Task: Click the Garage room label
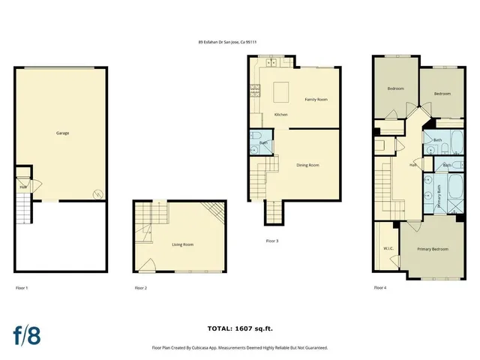63,133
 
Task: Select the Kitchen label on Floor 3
280,115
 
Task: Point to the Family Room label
316,99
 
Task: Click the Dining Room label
307,165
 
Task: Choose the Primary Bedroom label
433,248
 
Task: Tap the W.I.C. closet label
388,248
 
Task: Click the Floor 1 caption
22,288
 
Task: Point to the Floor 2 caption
140,288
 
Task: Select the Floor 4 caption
380,288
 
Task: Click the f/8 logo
27,334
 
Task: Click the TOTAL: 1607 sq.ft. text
239,328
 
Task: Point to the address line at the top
232,43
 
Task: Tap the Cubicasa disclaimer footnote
239,348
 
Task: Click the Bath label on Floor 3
263,142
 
